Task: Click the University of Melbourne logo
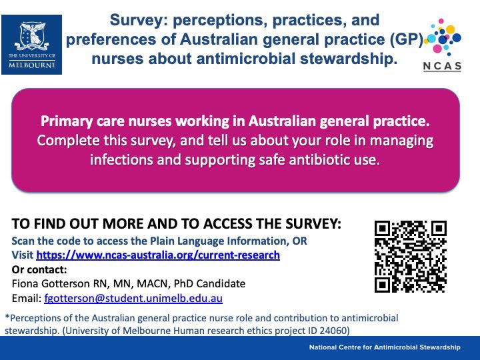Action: (32, 44)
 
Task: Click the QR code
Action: (410, 256)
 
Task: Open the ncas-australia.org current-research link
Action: (158, 255)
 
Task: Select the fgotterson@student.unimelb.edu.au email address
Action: (133, 298)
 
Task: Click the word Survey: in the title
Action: (139, 20)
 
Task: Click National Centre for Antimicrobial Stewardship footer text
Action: (385, 348)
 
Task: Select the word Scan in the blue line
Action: (25, 241)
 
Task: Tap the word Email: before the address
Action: (27, 298)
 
